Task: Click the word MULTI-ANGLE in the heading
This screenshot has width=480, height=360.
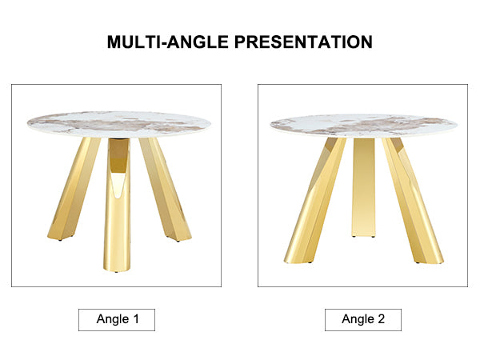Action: pos(168,42)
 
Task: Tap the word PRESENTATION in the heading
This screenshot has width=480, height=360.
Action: pos(303,42)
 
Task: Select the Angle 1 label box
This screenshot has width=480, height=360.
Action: pos(117,320)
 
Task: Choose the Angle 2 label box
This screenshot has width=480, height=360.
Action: pos(363,320)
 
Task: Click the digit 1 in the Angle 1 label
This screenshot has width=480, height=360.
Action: pos(136,319)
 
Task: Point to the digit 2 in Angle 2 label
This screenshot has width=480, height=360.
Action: pos(381,319)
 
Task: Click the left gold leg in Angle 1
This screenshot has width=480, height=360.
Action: pos(74,189)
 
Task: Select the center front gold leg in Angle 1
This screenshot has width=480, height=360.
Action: pos(117,205)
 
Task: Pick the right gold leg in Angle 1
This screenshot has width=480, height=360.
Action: pos(165,189)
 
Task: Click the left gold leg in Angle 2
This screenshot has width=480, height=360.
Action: pos(315,201)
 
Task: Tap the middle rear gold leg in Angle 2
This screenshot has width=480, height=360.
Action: pos(364,187)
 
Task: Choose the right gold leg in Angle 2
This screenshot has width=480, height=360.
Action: pos(413,201)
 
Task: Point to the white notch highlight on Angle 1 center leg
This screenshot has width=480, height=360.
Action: pos(118,186)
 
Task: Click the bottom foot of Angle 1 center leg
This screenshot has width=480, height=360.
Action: pos(117,269)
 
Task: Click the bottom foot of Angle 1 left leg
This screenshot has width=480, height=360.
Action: pos(60,237)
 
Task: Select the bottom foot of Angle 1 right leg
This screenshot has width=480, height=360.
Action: pos(178,238)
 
